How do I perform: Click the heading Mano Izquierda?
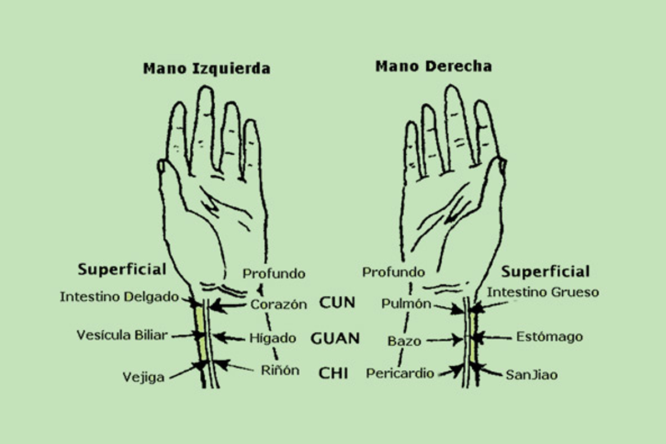[206, 69]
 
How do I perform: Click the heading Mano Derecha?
[433, 66]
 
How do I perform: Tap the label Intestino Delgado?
[119, 297]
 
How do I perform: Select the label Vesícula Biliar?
[122, 335]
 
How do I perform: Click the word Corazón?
[279, 305]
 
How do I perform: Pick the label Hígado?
[273, 338]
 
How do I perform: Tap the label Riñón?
[280, 370]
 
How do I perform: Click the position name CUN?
[337, 302]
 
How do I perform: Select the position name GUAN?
[335, 339]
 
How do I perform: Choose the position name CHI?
[333, 373]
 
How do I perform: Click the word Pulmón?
[406, 304]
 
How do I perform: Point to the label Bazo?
[405, 341]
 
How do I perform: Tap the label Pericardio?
[400, 373]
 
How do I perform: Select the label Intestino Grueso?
[543, 292]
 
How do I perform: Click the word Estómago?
[549, 337]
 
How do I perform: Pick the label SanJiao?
[532, 375]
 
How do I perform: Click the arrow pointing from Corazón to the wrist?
[228, 306]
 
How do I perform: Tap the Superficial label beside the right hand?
[545, 271]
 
